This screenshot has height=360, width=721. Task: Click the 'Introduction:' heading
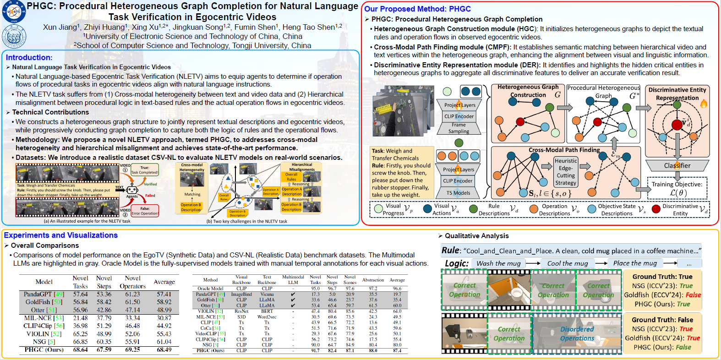click(29, 57)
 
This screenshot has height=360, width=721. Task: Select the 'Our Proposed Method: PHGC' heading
click(417, 9)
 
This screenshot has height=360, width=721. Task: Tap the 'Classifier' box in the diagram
click(677, 165)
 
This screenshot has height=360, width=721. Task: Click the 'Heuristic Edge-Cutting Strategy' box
click(566, 172)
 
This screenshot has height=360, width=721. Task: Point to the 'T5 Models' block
click(458, 193)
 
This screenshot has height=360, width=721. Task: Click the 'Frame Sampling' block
click(459, 128)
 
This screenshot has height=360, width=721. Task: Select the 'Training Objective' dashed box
click(677, 188)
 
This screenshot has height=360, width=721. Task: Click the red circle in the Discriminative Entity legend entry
click(656, 209)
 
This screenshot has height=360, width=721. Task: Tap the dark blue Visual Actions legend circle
click(427, 209)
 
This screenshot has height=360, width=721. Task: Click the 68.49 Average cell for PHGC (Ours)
click(164, 349)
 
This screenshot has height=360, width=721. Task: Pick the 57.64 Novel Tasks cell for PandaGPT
click(80, 294)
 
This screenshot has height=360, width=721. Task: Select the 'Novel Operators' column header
click(132, 282)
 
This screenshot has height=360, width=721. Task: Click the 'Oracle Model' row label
click(210, 289)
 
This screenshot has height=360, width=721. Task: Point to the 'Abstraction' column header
click(373, 280)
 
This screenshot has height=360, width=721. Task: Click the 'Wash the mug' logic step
click(498, 263)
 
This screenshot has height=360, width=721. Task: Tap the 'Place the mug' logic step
click(635, 263)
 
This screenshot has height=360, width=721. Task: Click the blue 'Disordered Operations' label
click(577, 333)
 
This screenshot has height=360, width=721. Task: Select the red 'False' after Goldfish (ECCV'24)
click(693, 295)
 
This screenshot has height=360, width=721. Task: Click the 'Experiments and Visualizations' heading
click(61, 235)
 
